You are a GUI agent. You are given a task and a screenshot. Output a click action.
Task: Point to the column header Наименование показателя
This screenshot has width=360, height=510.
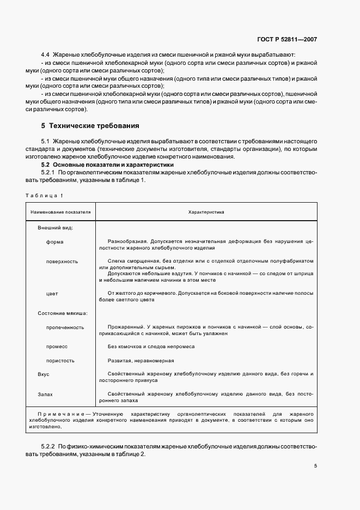(61, 212)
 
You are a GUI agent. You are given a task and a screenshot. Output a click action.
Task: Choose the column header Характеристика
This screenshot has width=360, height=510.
(206, 212)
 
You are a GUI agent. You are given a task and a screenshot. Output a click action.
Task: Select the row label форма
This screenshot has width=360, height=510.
(55, 241)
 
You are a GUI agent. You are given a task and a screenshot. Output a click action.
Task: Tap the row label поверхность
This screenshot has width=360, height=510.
(62, 262)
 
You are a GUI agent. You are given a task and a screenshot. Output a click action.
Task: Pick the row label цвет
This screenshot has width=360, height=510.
(52, 294)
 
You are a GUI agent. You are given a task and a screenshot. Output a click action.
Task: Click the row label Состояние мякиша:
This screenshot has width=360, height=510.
(63, 313)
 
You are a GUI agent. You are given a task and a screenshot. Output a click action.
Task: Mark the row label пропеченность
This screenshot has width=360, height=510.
(65, 327)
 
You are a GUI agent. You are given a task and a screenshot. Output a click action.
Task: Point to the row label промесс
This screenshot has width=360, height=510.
(57, 347)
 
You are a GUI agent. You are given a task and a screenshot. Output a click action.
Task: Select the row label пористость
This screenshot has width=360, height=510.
(60, 361)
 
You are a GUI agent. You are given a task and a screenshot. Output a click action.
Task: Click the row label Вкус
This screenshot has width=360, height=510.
(44, 375)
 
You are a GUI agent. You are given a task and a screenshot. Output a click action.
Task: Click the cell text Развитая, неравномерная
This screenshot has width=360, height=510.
(141, 361)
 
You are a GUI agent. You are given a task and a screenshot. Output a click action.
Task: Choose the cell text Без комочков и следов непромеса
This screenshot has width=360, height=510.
(151, 347)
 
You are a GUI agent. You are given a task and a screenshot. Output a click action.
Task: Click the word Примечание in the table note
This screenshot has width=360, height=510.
(60, 414)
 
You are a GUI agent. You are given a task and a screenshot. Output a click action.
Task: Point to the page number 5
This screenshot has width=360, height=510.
(315, 466)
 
